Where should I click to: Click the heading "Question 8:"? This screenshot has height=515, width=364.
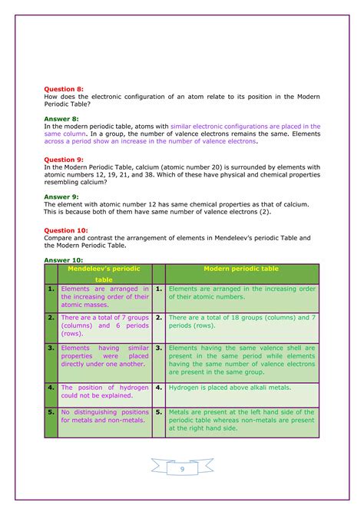[64, 89]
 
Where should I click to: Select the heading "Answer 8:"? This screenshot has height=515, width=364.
[61, 119]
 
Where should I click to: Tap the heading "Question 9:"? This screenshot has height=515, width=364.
[64, 160]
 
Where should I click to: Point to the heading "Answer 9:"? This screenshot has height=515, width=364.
[61, 196]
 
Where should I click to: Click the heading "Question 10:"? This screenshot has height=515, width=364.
[66, 229]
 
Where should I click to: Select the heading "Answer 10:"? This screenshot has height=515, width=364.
[64, 259]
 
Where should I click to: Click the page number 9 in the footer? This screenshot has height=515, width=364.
[182, 469]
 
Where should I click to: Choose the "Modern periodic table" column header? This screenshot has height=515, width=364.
[241, 269]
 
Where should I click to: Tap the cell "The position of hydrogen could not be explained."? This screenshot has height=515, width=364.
[104, 391]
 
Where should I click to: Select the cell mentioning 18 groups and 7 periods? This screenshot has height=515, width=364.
[241, 321]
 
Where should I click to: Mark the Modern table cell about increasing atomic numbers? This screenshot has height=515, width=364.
[241, 292]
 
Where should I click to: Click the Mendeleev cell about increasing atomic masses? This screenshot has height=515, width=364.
[104, 297]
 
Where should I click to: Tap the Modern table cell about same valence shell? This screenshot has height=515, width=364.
[241, 361]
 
